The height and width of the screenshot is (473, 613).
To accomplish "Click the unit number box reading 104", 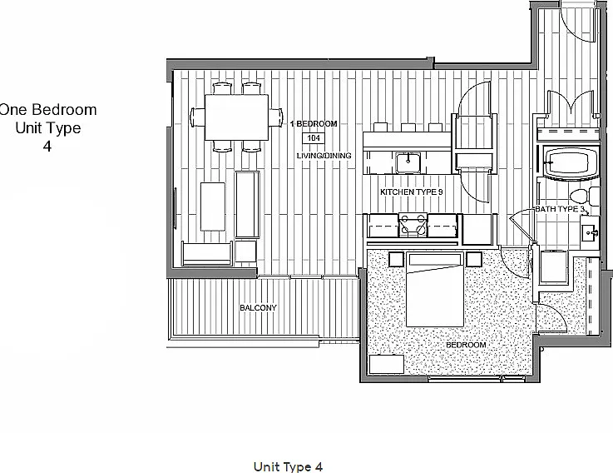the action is tap(314, 138).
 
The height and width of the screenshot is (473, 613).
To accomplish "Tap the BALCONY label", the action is tap(259, 308).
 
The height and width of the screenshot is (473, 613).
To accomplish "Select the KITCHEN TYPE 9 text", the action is tap(412, 192).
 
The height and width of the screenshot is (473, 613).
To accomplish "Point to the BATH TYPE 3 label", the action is tap(560, 209).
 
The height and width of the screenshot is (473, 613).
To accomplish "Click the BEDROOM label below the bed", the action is tap(466, 345).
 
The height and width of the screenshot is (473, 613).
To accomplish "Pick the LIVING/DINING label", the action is tap(324, 156).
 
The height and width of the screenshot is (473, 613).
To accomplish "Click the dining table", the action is tap(236, 117).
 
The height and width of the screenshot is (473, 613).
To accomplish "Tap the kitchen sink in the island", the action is tap(408, 162).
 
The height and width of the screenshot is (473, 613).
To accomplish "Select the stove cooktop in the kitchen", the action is tap(413, 225).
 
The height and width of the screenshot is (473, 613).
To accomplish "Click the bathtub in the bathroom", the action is tap(568, 162).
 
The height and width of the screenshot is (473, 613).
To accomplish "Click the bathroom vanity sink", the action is tap(590, 233).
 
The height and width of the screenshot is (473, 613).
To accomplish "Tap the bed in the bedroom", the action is tap(435, 290).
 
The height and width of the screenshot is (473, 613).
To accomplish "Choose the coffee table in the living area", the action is tap(213, 207).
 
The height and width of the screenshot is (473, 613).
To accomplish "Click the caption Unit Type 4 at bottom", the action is tap(288, 466).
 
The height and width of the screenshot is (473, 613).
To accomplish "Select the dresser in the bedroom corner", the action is tap(386, 364).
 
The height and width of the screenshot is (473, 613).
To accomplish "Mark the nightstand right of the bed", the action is tap(474, 259).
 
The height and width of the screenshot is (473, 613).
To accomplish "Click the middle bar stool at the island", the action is tap(408, 127).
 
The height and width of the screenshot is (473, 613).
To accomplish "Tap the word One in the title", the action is tap(13, 110).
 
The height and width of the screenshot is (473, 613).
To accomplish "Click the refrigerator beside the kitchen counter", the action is tap(477, 230).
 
